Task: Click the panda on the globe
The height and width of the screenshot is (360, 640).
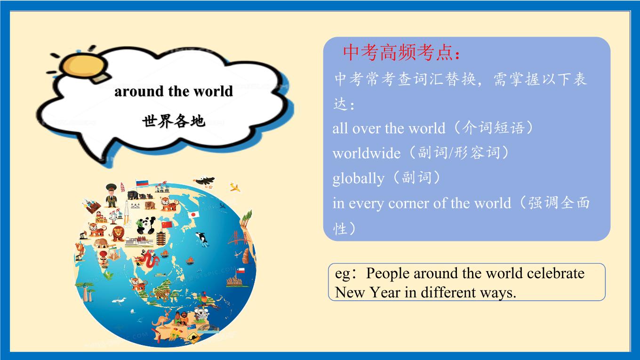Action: coord(146,225)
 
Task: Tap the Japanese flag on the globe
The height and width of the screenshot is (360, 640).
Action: coord(194,214)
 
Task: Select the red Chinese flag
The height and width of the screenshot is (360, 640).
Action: coord(167,224)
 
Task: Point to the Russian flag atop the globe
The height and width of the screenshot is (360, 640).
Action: coord(142,183)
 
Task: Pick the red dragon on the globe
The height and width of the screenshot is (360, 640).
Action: coord(147,259)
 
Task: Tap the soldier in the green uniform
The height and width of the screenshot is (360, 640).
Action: coord(111,196)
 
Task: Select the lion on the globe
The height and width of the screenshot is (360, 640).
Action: coord(118,233)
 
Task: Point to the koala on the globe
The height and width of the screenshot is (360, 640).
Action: coord(201,314)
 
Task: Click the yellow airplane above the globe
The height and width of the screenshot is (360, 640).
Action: coord(235,187)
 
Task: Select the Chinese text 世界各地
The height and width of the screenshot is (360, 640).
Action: coord(174,121)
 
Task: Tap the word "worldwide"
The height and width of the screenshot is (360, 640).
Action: coord(366,153)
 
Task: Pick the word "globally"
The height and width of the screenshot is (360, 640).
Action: coord(358,178)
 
